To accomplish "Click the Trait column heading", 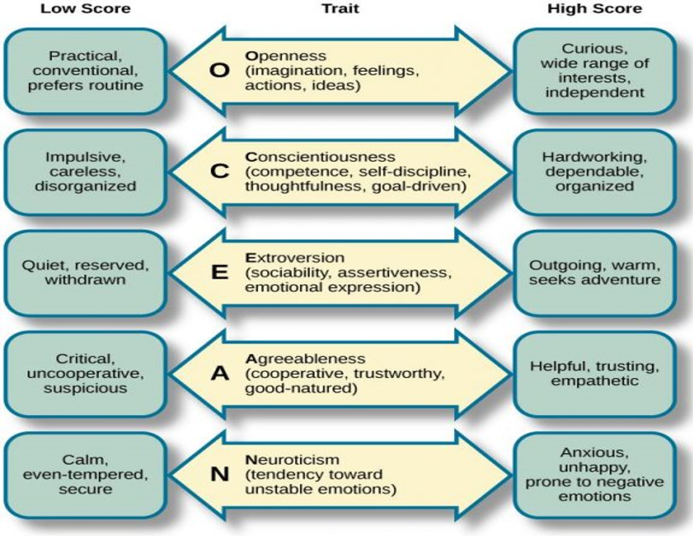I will pos(337,9).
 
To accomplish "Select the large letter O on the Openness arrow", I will pos(219,70).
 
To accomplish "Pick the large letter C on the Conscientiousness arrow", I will pos(219,172).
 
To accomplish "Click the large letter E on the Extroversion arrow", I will pos(219,273).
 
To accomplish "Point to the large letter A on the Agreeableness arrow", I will pos(219,373).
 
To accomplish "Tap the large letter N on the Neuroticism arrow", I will pos(219,474).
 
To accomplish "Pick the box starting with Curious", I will pos(595,70).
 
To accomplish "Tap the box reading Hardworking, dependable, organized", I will pos(595,172).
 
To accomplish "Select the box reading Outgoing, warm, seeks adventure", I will pos(595,273).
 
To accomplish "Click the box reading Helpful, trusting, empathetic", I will pos(595,373).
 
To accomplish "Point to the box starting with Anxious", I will pos(595,474).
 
